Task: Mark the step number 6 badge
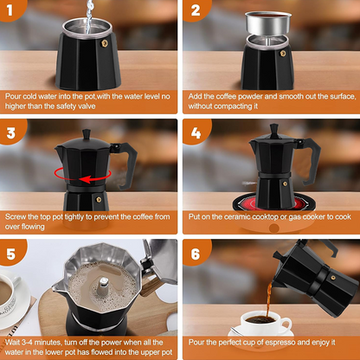point(196,256)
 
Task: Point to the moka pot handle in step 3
point(126,160)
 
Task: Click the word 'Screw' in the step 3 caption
point(16,216)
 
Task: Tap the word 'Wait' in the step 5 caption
point(14,332)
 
